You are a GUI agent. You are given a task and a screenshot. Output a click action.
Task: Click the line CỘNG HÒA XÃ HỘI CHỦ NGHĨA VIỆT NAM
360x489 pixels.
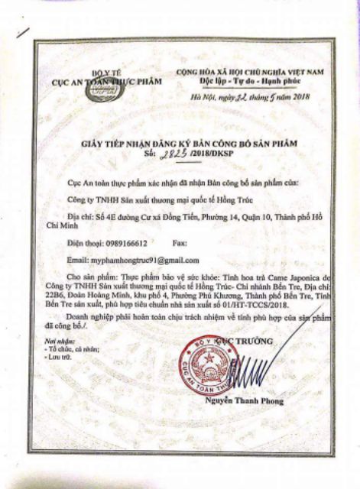point(250,71)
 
